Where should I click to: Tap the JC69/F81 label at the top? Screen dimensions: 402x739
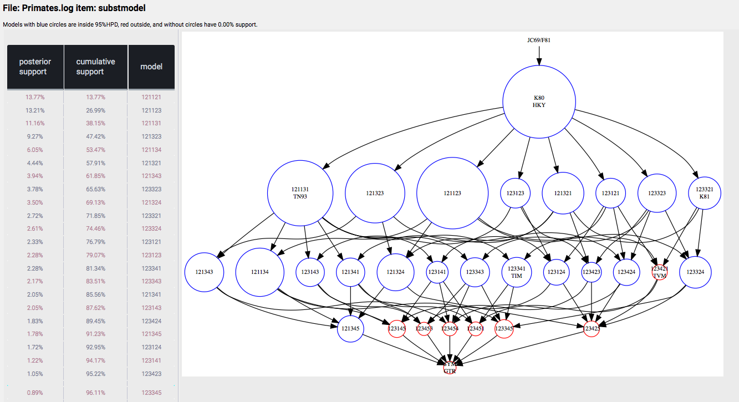538,40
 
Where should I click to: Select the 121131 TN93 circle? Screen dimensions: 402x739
300,192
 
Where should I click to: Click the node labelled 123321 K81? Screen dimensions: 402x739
704,192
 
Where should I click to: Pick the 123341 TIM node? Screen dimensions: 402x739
516,272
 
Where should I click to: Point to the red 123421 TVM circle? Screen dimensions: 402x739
659,272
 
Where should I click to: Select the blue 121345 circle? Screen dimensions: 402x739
350,329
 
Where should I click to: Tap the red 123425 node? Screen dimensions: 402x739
592,329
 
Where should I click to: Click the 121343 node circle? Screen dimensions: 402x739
201,272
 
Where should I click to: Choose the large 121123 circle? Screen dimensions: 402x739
452,193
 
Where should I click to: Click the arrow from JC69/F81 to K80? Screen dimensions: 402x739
538,55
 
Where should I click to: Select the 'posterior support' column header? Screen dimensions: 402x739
35,67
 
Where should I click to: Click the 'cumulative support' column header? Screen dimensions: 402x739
95,67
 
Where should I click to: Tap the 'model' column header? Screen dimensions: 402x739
151,67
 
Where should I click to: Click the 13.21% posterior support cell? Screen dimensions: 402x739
35,110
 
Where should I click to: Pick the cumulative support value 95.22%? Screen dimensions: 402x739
95,374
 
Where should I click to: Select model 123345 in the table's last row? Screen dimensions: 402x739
151,393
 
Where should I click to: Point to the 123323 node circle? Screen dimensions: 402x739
657,193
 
